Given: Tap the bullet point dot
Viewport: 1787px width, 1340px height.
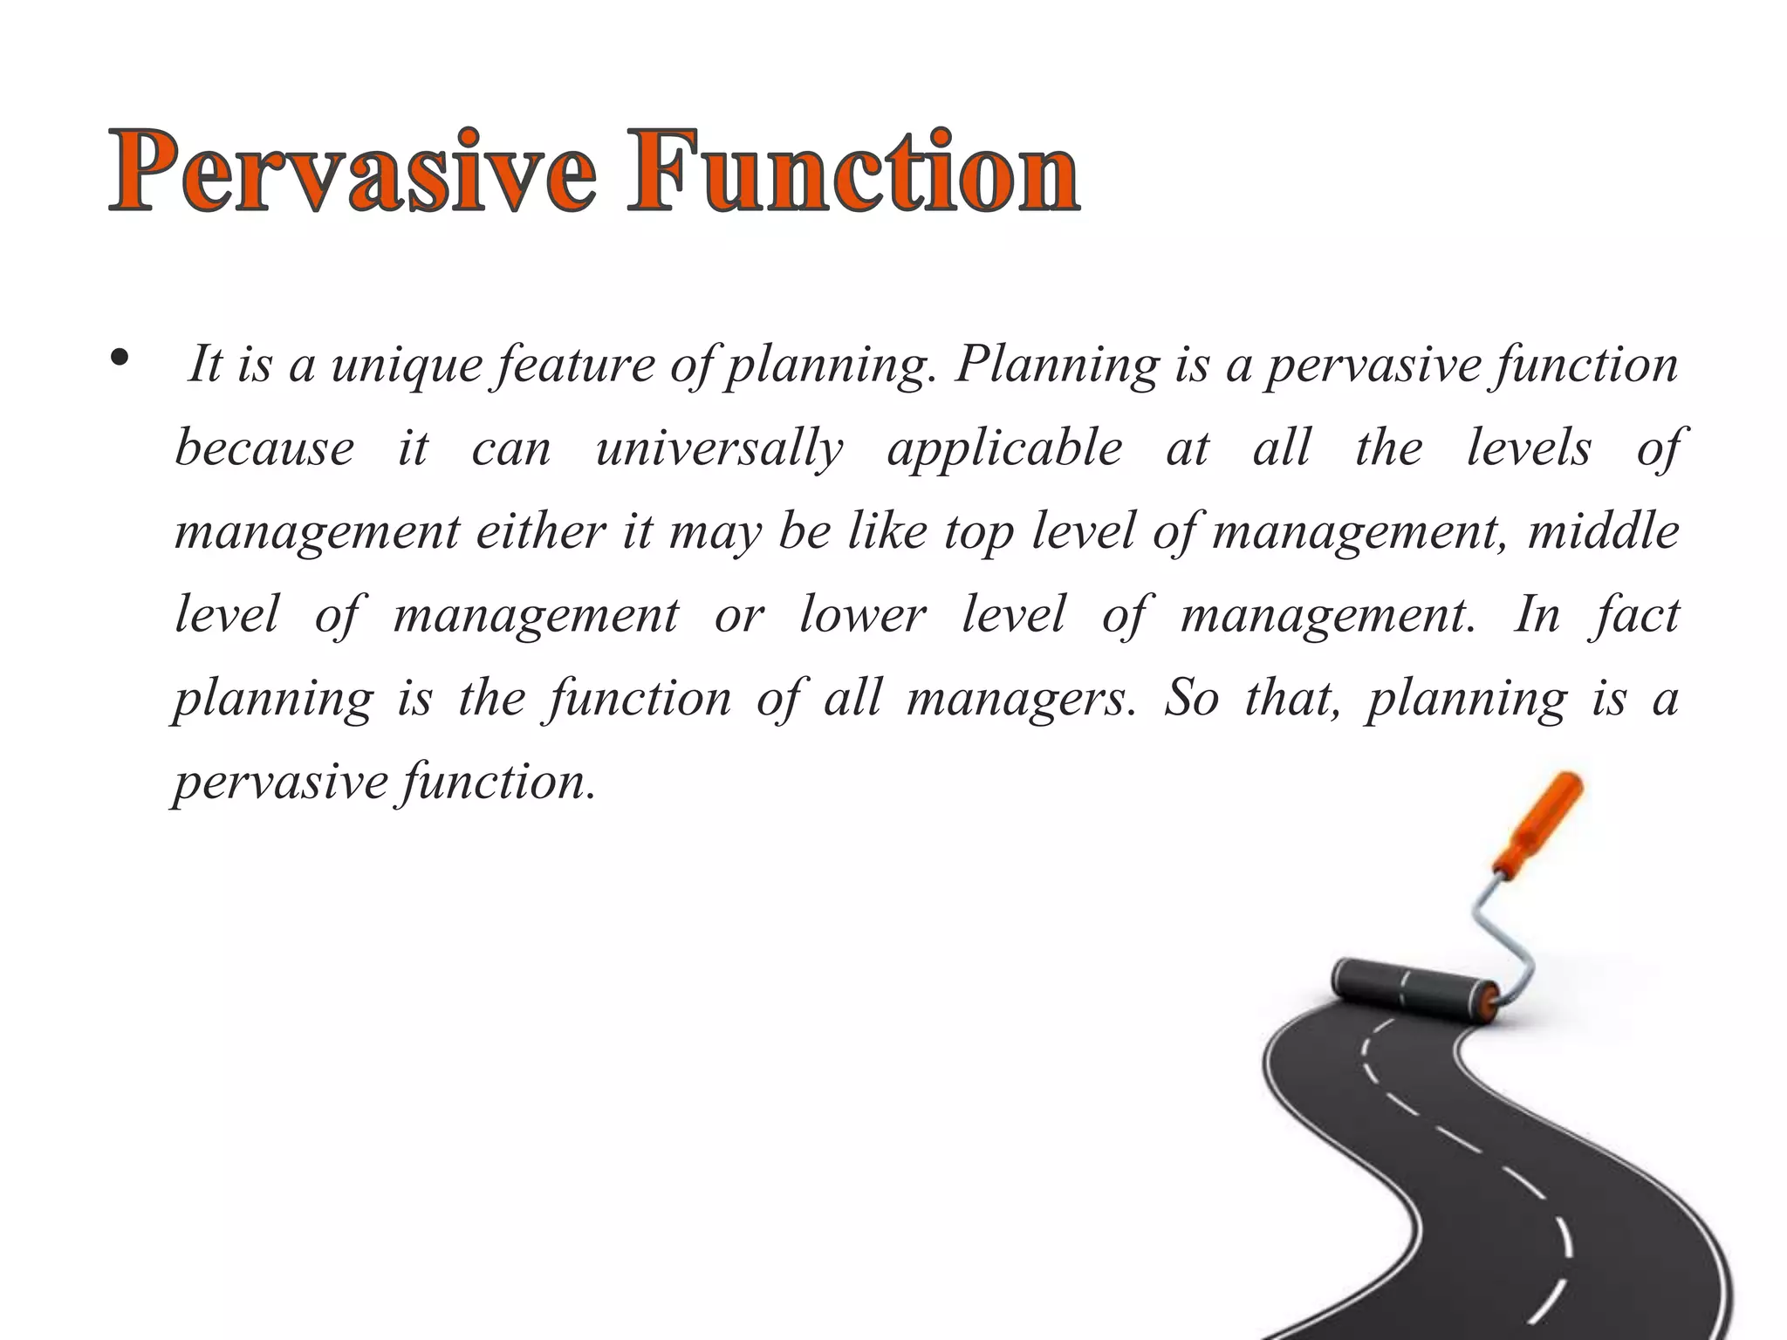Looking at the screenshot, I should tap(120, 358).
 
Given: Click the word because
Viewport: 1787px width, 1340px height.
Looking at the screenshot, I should tap(264, 448).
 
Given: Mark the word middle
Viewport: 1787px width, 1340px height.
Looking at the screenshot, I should tap(1603, 531).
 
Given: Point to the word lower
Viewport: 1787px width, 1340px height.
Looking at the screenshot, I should tap(862, 615).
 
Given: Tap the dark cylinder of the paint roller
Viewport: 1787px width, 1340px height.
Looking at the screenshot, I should tap(1413, 989).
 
